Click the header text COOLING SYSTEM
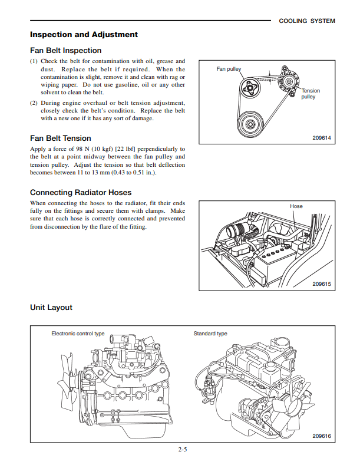tap(306, 21)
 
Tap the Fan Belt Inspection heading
tap(65, 51)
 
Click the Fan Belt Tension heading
tap(60, 138)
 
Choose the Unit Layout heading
tap(51, 308)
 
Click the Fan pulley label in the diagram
tap(229, 69)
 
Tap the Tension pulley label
tap(310, 94)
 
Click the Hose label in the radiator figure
tap(296, 206)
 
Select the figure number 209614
tap(321, 138)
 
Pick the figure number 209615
tap(321, 284)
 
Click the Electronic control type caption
tap(78, 334)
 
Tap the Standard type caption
tap(210, 334)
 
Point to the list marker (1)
tap(34, 61)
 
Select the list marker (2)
tap(34, 103)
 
